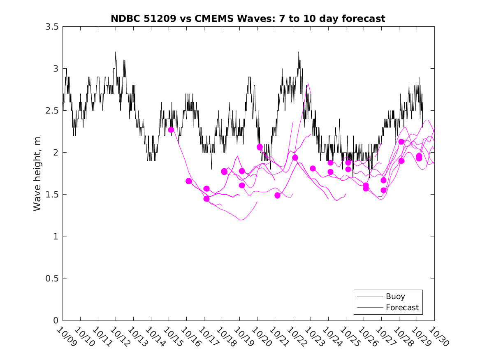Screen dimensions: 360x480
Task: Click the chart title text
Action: (x=248, y=19)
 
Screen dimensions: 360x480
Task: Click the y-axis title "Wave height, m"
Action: (x=37, y=174)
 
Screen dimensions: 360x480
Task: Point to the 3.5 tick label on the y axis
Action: (x=52, y=27)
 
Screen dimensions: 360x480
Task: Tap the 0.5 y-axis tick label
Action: (x=52, y=279)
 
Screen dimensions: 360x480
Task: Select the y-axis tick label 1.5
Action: (x=52, y=195)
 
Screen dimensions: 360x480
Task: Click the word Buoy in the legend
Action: (x=395, y=296)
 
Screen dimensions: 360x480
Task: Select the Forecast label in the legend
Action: (x=402, y=307)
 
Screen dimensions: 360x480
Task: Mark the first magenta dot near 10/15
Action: (x=171, y=130)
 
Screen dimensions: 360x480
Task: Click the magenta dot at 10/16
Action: (x=189, y=181)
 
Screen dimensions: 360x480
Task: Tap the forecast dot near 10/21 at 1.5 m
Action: (x=277, y=195)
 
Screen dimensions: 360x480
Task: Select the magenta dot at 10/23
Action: (x=313, y=168)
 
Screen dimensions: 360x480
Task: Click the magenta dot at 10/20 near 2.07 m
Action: (x=260, y=147)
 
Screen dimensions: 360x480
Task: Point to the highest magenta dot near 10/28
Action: (x=401, y=142)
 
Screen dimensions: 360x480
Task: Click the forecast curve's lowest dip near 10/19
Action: (x=241, y=220)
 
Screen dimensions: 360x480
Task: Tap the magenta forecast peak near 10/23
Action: (x=308, y=84)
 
